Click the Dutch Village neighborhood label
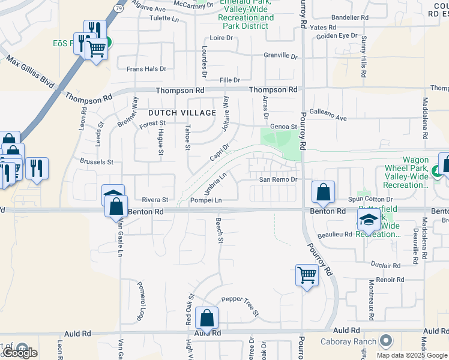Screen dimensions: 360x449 [x=182, y=113]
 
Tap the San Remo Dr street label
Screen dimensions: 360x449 [x=278, y=179]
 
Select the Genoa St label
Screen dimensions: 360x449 [x=284, y=127]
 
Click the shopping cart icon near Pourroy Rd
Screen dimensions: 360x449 [x=307, y=275]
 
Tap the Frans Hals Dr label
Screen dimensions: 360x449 [x=146, y=69]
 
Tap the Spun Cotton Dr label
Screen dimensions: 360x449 [x=370, y=199]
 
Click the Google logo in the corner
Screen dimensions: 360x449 [x=20, y=353]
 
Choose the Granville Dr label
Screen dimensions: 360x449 [x=281, y=56]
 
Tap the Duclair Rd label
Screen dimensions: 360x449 [x=385, y=265]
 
